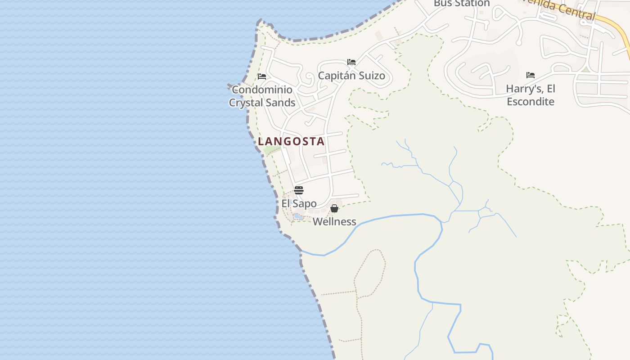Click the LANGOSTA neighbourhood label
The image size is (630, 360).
291,141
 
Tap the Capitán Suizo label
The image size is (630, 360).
351,76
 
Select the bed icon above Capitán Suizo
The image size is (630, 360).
351,62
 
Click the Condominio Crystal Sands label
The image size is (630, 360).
262,96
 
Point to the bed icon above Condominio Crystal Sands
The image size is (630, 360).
262,76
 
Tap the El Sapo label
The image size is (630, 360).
299,203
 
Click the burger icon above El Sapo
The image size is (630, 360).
299,190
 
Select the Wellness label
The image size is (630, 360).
334,221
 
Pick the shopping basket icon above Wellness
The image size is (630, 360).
334,208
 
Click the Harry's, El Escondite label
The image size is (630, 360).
531,94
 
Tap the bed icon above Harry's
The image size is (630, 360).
531,75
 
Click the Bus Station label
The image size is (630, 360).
461,4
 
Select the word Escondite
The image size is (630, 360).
531,101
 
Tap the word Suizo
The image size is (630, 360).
371,76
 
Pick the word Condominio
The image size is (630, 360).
262,90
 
